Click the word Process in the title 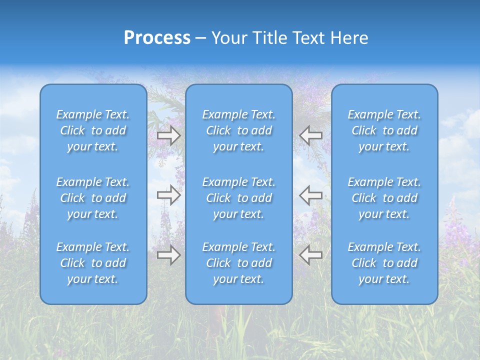pyautogui.click(x=157, y=38)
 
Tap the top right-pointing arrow pyautogui.click(x=168, y=135)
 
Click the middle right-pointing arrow pyautogui.click(x=168, y=194)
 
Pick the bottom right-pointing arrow pyautogui.click(x=168, y=255)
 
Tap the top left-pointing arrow pyautogui.click(x=311, y=135)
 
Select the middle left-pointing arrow pyautogui.click(x=311, y=194)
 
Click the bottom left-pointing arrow pyautogui.click(x=311, y=255)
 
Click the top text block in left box pyautogui.click(x=93, y=130)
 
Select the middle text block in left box pyautogui.click(x=93, y=198)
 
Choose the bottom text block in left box pyautogui.click(x=93, y=263)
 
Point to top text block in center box pyautogui.click(x=239, y=130)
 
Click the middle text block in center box pyautogui.click(x=239, y=198)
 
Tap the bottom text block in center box pyautogui.click(x=239, y=263)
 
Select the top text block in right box pyautogui.click(x=384, y=130)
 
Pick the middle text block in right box pyautogui.click(x=384, y=198)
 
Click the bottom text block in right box pyautogui.click(x=384, y=263)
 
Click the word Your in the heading pyautogui.click(x=229, y=38)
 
